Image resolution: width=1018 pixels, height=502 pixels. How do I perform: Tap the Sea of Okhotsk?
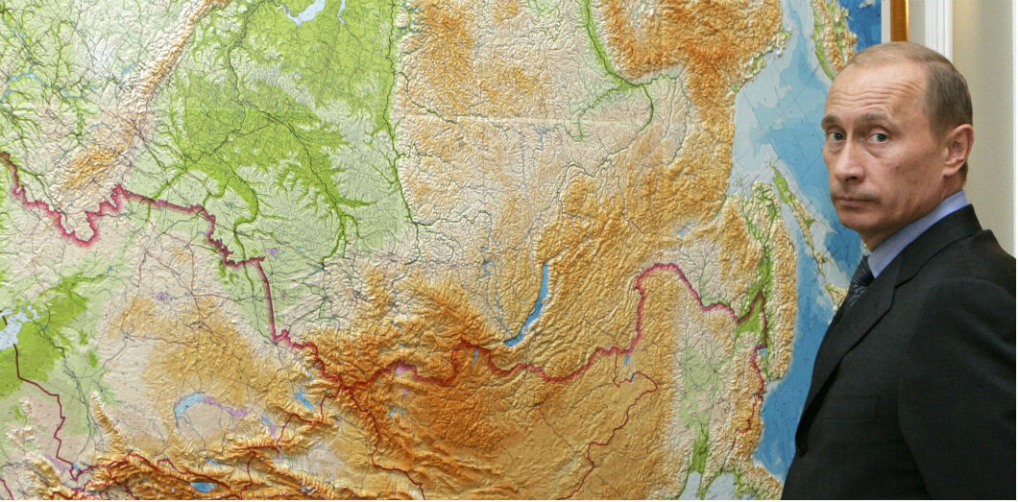(768, 106)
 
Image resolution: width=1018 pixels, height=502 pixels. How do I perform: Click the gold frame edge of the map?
(898, 19)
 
